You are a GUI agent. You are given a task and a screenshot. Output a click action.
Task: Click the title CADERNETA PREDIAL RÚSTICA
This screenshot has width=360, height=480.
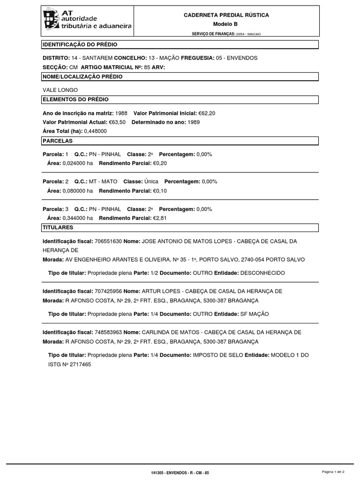[x=226, y=15]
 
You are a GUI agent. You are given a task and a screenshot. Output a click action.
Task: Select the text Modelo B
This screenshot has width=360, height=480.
[x=226, y=24]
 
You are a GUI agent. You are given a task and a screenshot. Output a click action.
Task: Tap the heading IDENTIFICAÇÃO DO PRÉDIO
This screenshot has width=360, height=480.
[x=80, y=45]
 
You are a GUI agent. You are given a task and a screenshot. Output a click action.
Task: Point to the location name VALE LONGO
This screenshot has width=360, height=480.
[x=60, y=90]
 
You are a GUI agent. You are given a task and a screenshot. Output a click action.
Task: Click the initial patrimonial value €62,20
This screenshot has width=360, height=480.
[x=207, y=113]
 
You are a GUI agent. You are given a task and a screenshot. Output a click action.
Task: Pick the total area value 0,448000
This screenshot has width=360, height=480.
[x=96, y=131]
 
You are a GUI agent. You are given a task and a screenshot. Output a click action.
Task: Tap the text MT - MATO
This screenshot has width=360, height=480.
[x=103, y=181]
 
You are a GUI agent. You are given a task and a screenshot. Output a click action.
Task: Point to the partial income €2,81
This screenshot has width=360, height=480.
[x=160, y=218]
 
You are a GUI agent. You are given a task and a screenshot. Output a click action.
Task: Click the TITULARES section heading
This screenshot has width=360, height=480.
[x=58, y=227]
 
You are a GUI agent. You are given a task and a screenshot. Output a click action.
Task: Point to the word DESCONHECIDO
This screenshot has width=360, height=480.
[x=261, y=273]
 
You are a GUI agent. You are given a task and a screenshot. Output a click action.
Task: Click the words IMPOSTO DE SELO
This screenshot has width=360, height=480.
[x=217, y=355]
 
